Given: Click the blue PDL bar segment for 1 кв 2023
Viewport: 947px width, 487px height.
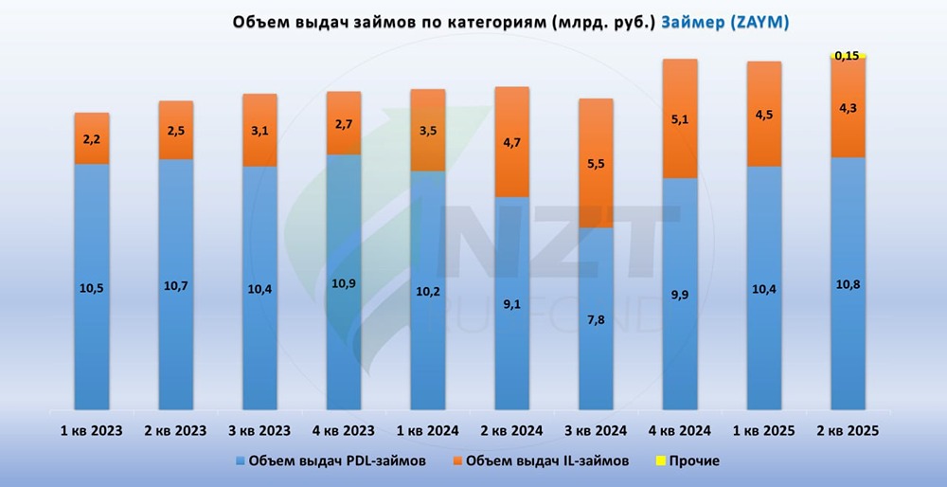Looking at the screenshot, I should coord(92,284).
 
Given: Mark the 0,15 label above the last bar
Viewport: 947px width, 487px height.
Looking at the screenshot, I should coord(848,56).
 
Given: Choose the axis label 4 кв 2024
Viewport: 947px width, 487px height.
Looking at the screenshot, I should coord(679,430).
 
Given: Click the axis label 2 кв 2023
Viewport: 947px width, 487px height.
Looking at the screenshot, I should coord(175,430).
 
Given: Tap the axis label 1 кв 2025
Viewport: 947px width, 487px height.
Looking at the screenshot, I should coord(763,430).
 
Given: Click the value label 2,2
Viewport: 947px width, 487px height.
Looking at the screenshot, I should coord(92,139).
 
